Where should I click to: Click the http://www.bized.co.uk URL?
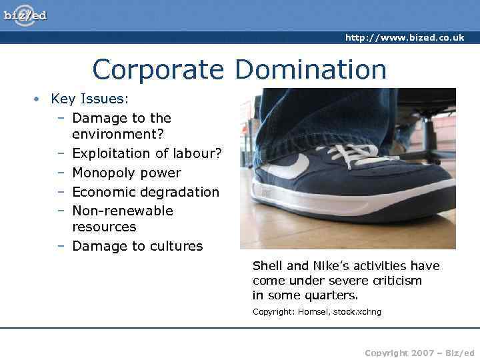tap(404, 38)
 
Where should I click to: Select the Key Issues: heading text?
tap(90, 99)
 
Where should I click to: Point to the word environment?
tap(119, 134)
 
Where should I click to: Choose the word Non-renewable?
tap(123, 211)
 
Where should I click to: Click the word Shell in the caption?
tap(267, 266)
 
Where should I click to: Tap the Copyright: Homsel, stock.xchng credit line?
tap(317, 312)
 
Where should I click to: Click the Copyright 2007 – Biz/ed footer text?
tap(419, 353)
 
